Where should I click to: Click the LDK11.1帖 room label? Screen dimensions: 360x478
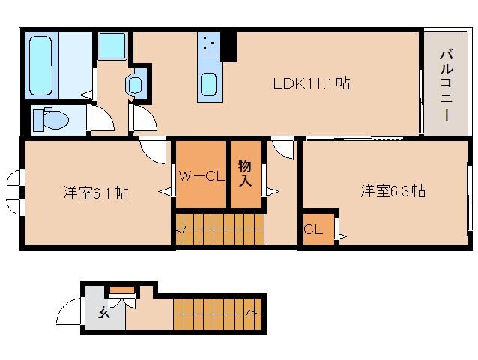pyautogui.click(x=311, y=83)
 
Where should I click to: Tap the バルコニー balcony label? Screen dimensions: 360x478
pyautogui.click(x=446, y=83)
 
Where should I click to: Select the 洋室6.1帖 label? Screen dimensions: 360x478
pyautogui.click(x=94, y=193)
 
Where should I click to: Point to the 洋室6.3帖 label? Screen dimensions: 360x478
pyautogui.click(x=393, y=191)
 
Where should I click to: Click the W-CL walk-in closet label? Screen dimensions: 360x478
pyautogui.click(x=201, y=177)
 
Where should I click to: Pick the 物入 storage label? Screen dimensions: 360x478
pyautogui.click(x=245, y=174)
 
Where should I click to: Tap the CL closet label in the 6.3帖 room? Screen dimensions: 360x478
pyautogui.click(x=313, y=230)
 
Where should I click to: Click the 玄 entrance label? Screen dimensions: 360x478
pyautogui.click(x=103, y=313)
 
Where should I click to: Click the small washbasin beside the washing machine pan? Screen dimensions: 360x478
pyautogui.click(x=136, y=84)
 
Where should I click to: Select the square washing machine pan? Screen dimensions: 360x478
pyautogui.click(x=113, y=46)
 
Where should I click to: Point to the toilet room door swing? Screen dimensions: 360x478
pyautogui.click(x=101, y=120)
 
